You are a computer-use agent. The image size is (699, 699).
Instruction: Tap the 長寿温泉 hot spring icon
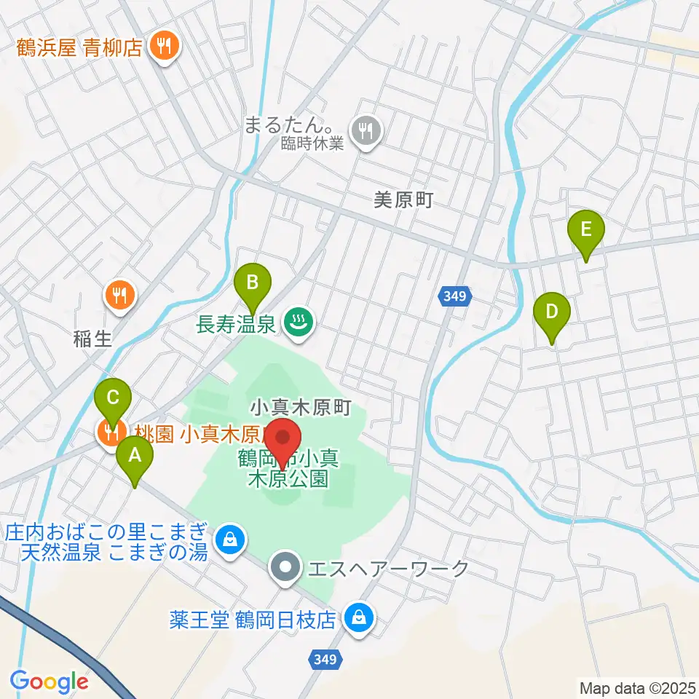pyautogui.click(x=297, y=321)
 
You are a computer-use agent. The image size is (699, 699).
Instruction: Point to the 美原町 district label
pyautogui.click(x=403, y=201)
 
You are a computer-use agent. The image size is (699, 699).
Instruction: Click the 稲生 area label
pyautogui.click(x=92, y=338)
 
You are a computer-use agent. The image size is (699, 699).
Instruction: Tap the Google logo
pyautogui.click(x=50, y=682)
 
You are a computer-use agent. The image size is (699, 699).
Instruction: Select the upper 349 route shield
pyautogui.click(x=456, y=296)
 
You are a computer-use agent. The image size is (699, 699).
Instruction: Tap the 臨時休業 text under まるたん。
pyautogui.click(x=312, y=144)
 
